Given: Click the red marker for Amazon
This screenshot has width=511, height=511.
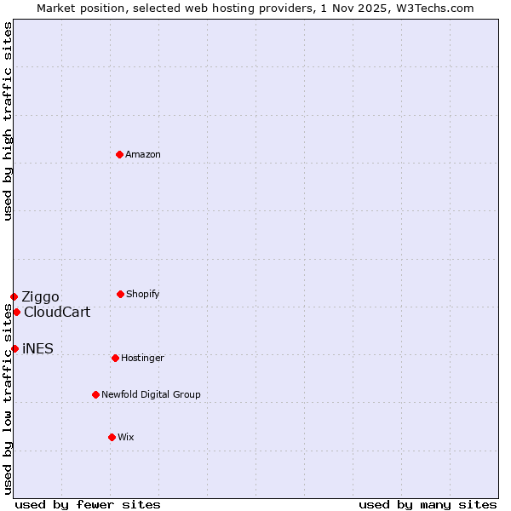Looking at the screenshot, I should [x=119, y=154].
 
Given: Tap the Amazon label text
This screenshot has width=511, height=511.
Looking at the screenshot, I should [x=143, y=155].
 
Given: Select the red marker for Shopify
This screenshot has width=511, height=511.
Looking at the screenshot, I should [x=120, y=294].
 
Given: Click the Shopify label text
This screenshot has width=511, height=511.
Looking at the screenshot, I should [x=143, y=295].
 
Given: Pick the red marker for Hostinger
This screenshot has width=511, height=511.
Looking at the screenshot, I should [x=115, y=358].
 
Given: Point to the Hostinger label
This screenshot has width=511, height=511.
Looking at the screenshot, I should [x=142, y=359].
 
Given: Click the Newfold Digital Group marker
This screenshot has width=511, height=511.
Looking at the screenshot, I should [x=95, y=394].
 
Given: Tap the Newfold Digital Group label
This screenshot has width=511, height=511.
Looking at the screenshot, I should [x=151, y=395].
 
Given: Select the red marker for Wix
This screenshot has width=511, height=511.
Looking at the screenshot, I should [x=112, y=437].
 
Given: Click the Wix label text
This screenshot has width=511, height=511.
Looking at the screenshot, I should [x=126, y=438].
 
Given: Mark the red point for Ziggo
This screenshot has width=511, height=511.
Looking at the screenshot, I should [x=14, y=296].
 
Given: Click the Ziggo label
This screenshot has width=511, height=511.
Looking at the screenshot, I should [x=40, y=297].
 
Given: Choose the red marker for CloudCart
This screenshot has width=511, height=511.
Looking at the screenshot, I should [x=16, y=312].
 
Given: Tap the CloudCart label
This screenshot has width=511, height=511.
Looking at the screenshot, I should [x=56, y=313].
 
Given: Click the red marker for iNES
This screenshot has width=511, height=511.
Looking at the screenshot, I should [x=14, y=348].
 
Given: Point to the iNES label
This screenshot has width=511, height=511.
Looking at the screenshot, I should [x=37, y=349].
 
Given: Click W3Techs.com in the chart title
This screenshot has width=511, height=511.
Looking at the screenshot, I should [x=433, y=8].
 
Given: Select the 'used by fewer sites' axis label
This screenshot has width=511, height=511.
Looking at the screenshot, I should [x=88, y=504].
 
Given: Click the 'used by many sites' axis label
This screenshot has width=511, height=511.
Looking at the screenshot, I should [x=428, y=504].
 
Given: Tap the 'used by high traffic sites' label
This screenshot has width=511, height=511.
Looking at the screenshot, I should [x=8, y=121].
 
